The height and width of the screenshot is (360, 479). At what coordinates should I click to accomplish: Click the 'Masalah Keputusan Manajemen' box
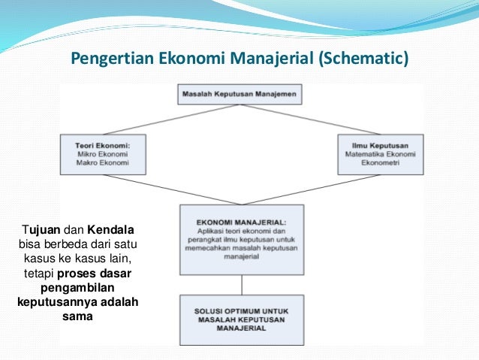(240, 95)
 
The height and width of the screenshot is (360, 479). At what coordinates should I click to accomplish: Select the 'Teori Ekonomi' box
(103, 154)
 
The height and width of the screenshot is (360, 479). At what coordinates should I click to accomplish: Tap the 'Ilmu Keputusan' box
(381, 154)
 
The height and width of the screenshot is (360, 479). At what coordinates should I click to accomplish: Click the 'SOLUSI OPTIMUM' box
(240, 320)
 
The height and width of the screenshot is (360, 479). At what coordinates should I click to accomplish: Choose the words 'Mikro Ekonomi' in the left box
(103, 154)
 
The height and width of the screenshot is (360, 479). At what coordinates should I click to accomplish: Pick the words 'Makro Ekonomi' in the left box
(103, 162)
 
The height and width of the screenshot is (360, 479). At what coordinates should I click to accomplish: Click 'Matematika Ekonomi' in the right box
(381, 154)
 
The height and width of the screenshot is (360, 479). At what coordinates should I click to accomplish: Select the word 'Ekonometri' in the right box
(381, 162)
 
